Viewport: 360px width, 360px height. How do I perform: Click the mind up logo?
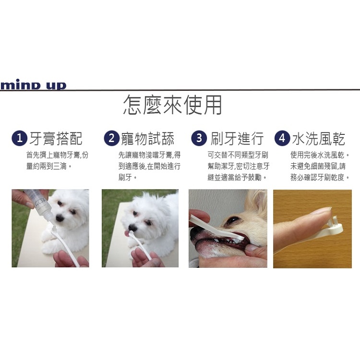(33, 85)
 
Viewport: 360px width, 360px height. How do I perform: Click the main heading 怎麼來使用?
(172, 105)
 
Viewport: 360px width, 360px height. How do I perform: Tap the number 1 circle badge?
(19, 139)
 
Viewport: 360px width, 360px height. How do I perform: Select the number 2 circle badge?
(111, 139)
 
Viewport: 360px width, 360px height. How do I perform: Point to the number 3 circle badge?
(198, 139)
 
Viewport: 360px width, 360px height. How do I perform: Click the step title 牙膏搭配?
(56, 139)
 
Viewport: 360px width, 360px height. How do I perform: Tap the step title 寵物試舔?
(148, 139)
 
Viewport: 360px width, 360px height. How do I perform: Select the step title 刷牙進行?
(237, 139)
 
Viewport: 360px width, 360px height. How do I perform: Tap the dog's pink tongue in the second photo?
(127, 233)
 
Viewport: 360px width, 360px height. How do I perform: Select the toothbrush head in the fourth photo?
(336, 225)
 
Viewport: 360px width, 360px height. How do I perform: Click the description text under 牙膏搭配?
(57, 161)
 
